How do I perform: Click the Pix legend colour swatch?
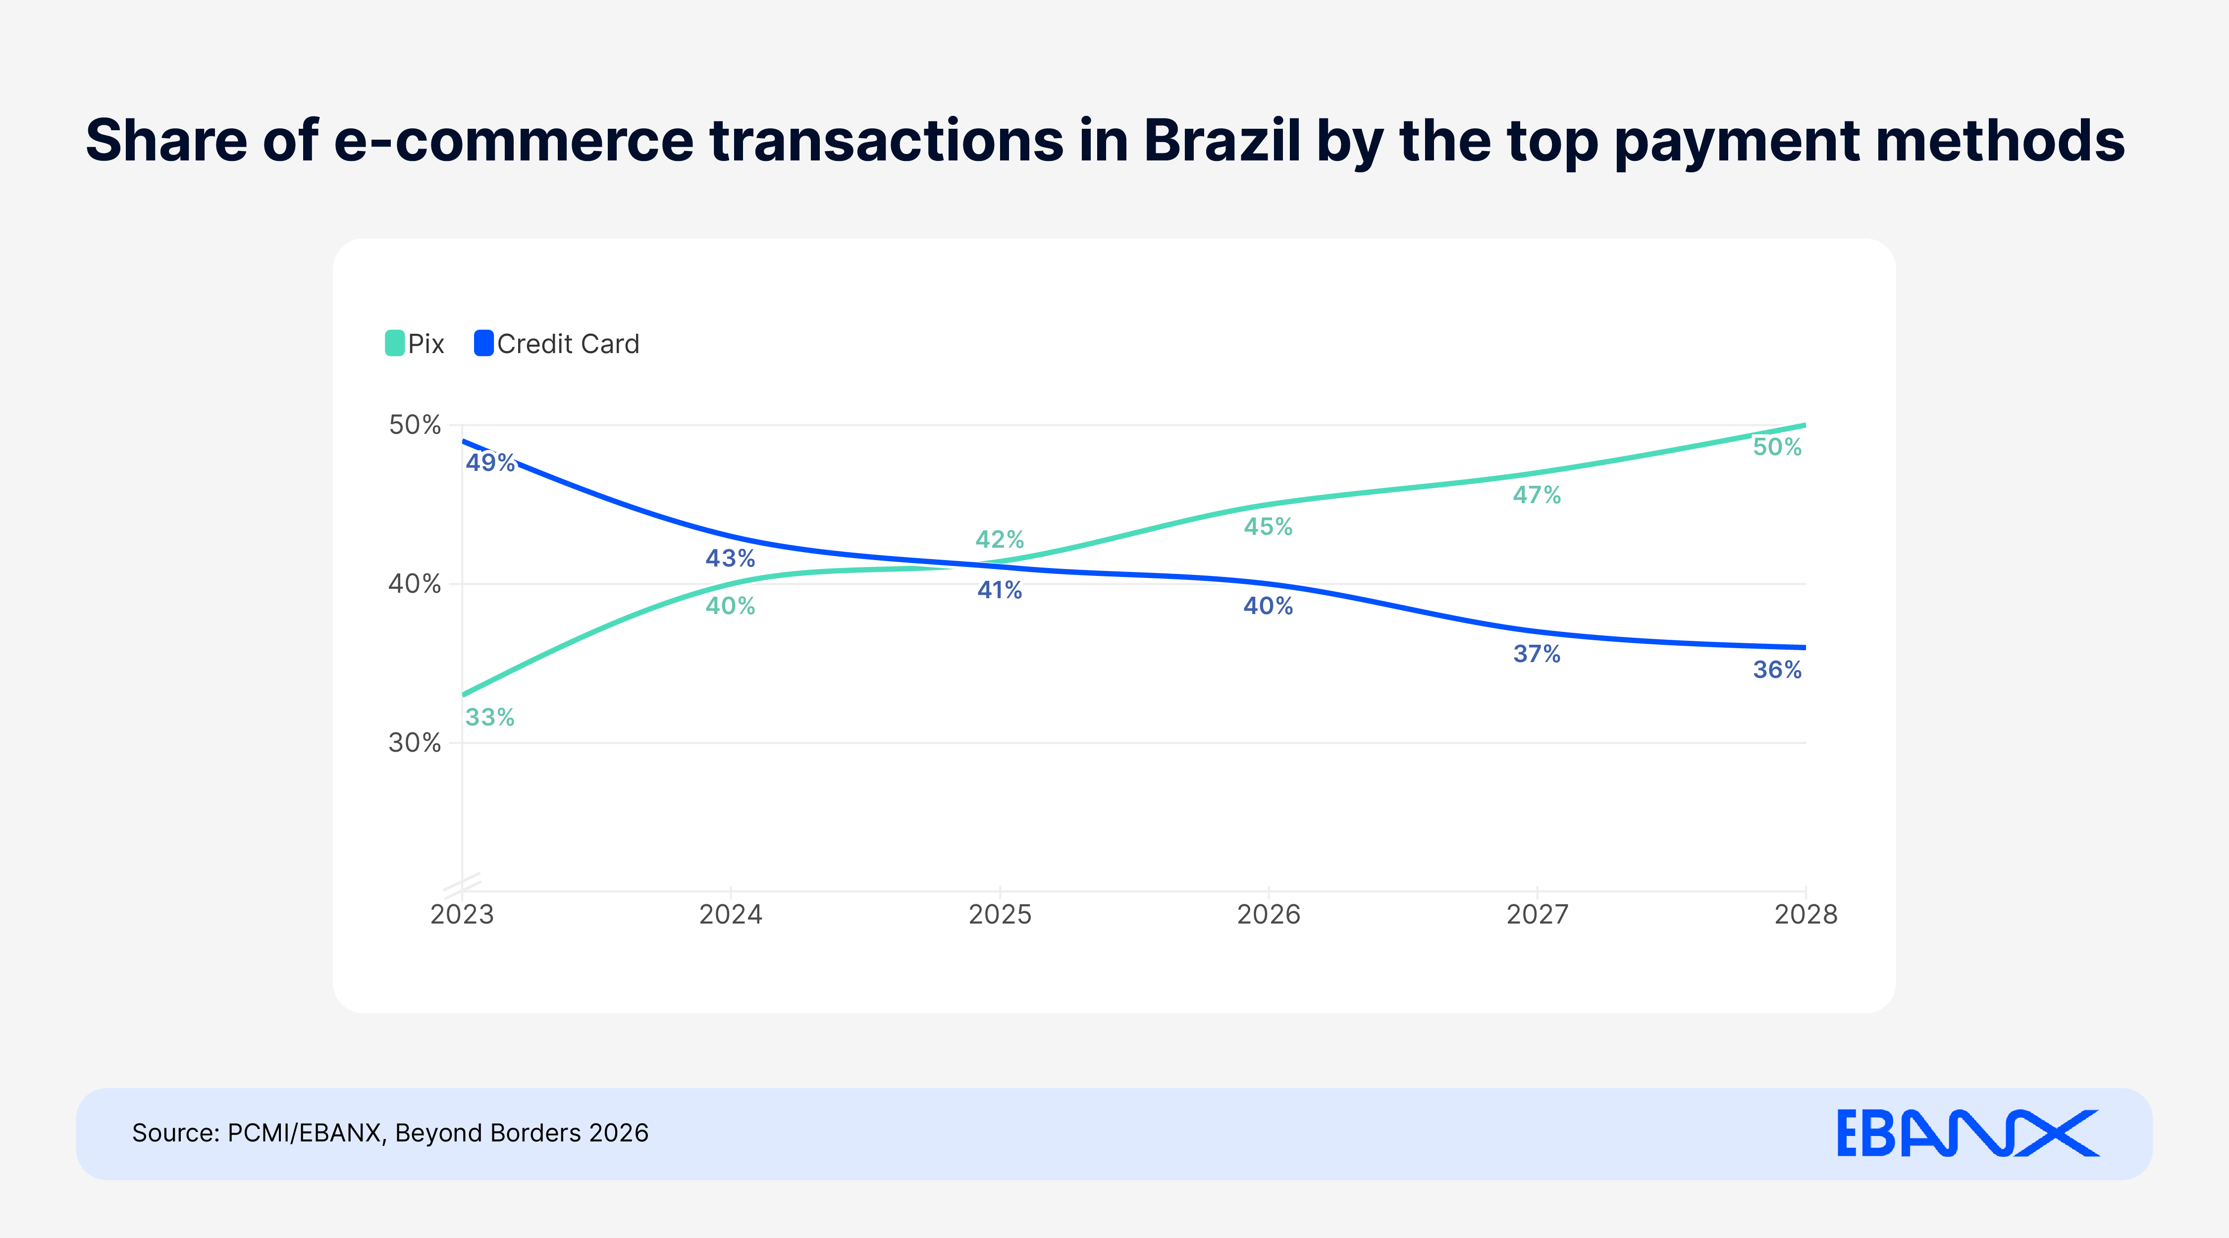coord(395,344)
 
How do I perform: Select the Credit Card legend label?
coord(568,344)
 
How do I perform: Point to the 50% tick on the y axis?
coord(415,425)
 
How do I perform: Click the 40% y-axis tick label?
coord(415,584)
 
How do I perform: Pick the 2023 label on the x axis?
coord(462,915)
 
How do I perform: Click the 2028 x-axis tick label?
coord(1805,915)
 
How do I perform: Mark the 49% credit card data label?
coord(490,463)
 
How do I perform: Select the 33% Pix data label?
coord(490,717)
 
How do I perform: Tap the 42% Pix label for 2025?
coord(1000,540)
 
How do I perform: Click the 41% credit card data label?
coord(1000,590)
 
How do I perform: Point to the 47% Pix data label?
coord(1537,495)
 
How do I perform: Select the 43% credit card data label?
coord(730,558)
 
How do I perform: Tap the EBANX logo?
coord(1967,1134)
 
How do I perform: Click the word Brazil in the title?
coord(1222,140)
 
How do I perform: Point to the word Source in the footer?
coord(172,1134)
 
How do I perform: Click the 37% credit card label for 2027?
coord(1537,654)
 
